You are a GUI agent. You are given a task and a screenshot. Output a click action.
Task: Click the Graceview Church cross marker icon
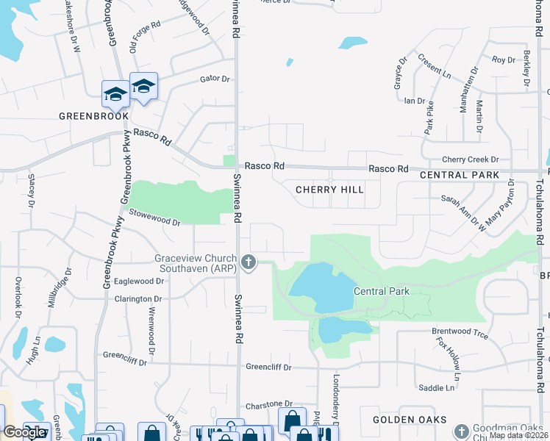point(249,262)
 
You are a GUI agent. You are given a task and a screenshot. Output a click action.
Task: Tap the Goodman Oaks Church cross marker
point(461,431)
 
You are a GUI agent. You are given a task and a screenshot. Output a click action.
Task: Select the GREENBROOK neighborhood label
point(93,116)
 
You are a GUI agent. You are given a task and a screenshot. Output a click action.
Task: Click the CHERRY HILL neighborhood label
point(329,190)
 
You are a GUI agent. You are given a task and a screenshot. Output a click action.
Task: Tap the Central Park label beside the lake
point(381,291)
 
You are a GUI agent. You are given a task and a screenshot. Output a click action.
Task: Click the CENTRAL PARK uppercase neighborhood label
point(460,175)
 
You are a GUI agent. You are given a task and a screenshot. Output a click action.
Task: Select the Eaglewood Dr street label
point(138,281)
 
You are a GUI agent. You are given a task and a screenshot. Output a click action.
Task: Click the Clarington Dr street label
point(137,299)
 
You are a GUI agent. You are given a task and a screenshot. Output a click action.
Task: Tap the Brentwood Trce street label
point(460,333)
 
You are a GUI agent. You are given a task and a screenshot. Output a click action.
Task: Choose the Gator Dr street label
point(215,79)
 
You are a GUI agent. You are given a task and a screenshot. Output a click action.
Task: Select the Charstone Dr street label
point(268,404)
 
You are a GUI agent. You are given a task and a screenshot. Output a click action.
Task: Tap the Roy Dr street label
point(504,60)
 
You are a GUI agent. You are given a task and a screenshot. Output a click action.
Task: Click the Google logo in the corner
point(24,432)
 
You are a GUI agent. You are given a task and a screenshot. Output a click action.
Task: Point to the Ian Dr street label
point(415,101)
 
